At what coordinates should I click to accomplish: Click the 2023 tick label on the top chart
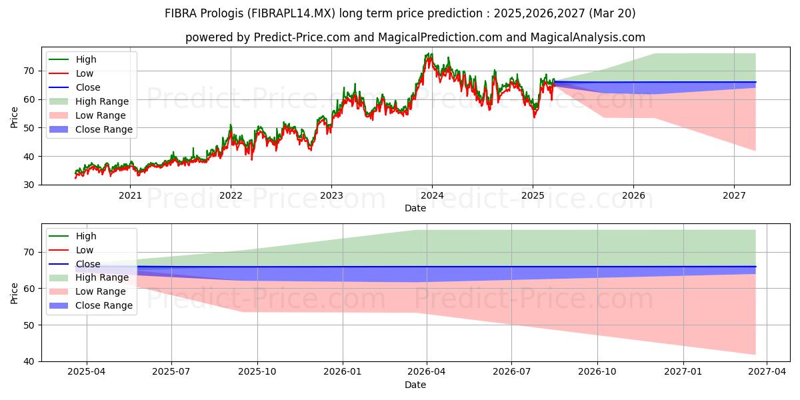pos(331,196)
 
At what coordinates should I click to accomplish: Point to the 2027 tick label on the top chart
pos(734,196)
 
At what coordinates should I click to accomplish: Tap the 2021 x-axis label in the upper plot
pos(130,196)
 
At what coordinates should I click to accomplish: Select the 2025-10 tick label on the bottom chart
pos(257,372)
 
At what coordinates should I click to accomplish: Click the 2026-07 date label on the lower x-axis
pos(511,372)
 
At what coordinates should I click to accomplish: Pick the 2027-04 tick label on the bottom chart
pos(767,372)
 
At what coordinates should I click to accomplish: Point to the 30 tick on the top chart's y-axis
pos(29,185)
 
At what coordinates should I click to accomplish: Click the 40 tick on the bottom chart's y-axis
pos(29,361)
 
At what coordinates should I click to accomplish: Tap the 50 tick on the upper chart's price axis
pos(29,128)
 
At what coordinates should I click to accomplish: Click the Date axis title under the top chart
pos(415,208)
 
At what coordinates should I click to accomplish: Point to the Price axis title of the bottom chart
pos(14,293)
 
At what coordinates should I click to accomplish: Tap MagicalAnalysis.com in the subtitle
pos(588,37)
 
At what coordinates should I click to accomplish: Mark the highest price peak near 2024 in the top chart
pos(431,54)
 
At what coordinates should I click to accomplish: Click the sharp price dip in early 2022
pos(252,159)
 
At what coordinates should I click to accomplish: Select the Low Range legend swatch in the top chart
pos(58,115)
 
